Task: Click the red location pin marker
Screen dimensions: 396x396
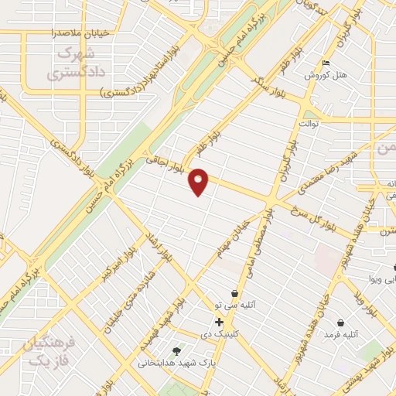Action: coord(200,181)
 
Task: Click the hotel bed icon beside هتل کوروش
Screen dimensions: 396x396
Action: coord(326,64)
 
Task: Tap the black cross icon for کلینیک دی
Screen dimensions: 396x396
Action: coord(220,322)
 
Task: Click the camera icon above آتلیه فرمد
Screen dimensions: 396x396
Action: coord(340,323)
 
